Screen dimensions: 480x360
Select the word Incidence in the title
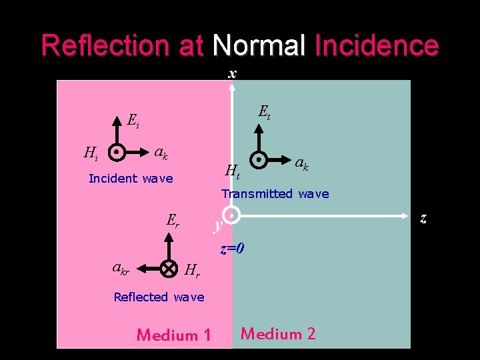point(376,45)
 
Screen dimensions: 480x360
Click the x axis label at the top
point(231,73)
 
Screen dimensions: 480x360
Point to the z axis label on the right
point(423,217)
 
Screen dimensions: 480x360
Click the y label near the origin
point(217,226)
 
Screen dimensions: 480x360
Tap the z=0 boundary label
point(232,249)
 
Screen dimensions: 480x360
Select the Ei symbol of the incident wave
point(133,121)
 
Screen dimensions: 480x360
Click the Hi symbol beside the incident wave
point(91,153)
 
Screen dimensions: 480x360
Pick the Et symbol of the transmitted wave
point(264,111)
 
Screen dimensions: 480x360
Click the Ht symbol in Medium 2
point(232,171)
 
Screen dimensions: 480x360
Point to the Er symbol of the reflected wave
point(173,219)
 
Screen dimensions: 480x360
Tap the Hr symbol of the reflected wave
point(191,270)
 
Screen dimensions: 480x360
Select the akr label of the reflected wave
point(121,268)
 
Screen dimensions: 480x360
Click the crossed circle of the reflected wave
point(168,269)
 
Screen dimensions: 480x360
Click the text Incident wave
point(131,178)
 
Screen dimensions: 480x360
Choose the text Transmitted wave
point(275,193)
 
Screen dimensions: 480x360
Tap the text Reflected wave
point(159,297)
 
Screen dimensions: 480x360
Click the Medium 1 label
point(173,335)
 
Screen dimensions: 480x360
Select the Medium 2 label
point(278,333)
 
